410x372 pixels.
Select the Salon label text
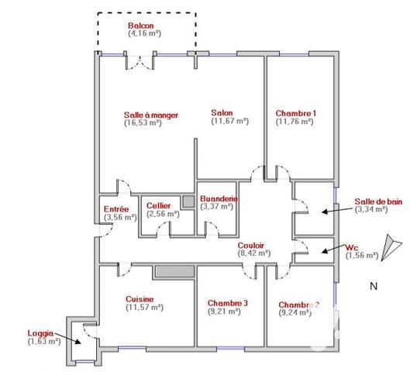pos(222,112)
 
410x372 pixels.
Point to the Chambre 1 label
pos(295,112)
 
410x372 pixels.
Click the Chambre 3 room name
pos(228,303)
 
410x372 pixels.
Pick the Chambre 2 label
pos(298,305)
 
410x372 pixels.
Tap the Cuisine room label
pos(140,298)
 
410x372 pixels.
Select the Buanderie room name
pos(217,198)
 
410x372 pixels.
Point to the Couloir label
pos(253,243)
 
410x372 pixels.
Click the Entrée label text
pos(116,209)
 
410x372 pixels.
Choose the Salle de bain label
pos(378,201)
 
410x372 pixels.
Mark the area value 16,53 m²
pos(143,122)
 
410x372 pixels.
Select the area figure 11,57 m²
pos(144,307)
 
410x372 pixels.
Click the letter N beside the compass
pos(373,287)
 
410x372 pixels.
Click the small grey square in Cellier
pos(188,202)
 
